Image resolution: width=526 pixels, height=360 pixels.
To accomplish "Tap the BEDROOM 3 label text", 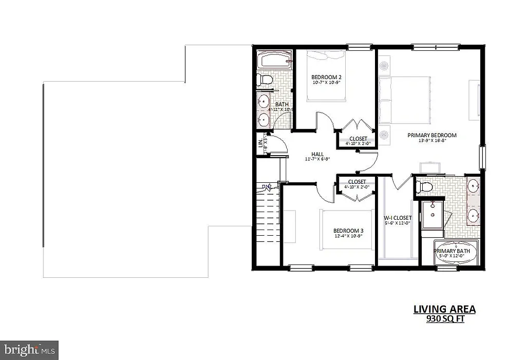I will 348,231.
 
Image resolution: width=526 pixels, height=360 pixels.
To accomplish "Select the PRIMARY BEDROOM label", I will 431,136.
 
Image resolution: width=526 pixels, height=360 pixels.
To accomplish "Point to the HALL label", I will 317,154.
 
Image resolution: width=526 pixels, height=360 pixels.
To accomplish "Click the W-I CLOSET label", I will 398,217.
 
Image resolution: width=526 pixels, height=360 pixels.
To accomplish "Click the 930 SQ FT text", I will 444,319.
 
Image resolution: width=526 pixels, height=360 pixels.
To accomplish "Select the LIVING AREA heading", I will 444,309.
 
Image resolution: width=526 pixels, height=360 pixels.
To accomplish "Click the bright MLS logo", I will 29,350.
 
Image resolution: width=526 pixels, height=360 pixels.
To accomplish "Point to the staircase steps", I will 267,216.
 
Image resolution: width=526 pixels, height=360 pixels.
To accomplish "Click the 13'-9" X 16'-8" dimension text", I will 431,141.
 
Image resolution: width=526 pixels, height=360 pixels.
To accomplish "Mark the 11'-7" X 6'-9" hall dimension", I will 317,159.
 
